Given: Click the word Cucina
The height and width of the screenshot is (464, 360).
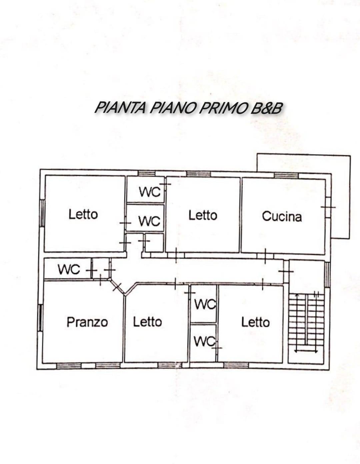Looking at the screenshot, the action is [282, 216].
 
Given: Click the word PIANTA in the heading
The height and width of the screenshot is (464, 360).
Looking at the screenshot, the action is [120, 108].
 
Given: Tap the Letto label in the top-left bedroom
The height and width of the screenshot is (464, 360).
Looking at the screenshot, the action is [83, 214].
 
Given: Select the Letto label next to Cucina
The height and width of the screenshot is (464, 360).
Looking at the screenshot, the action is [203, 215].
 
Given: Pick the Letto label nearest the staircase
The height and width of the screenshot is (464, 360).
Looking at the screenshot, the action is [256, 322].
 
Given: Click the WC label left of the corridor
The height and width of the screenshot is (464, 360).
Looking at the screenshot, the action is [69, 269].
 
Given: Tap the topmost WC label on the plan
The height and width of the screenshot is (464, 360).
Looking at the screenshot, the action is [150, 192].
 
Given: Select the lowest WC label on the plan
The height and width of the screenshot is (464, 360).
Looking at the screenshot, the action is [204, 341].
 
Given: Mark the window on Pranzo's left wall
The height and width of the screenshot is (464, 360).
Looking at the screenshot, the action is [40, 318].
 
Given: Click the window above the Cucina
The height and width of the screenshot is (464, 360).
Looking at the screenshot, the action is [286, 176].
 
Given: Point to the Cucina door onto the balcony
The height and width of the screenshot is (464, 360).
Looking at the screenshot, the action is [328, 207].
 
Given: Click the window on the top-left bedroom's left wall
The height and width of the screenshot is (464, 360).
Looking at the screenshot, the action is [43, 213].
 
